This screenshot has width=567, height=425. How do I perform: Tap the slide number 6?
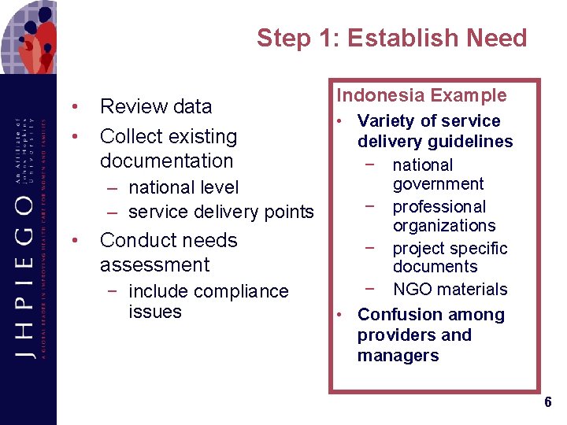click(547, 403)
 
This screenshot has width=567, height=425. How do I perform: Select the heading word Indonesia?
click(377, 95)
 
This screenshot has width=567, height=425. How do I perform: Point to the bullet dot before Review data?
click(73, 106)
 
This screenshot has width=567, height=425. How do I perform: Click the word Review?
click(128, 106)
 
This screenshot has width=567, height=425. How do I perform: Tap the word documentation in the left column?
click(166, 161)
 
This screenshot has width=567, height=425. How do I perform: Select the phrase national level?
click(183, 187)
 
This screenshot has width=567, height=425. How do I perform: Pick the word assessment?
click(154, 264)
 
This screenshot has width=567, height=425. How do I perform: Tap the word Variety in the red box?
click(387, 121)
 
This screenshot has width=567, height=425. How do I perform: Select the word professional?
click(439, 207)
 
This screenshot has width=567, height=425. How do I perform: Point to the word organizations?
click(443, 226)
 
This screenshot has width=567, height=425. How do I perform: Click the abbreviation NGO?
click(412, 290)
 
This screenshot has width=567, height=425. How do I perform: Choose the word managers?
click(398, 356)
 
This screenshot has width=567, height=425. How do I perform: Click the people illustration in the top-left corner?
click(29, 36)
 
